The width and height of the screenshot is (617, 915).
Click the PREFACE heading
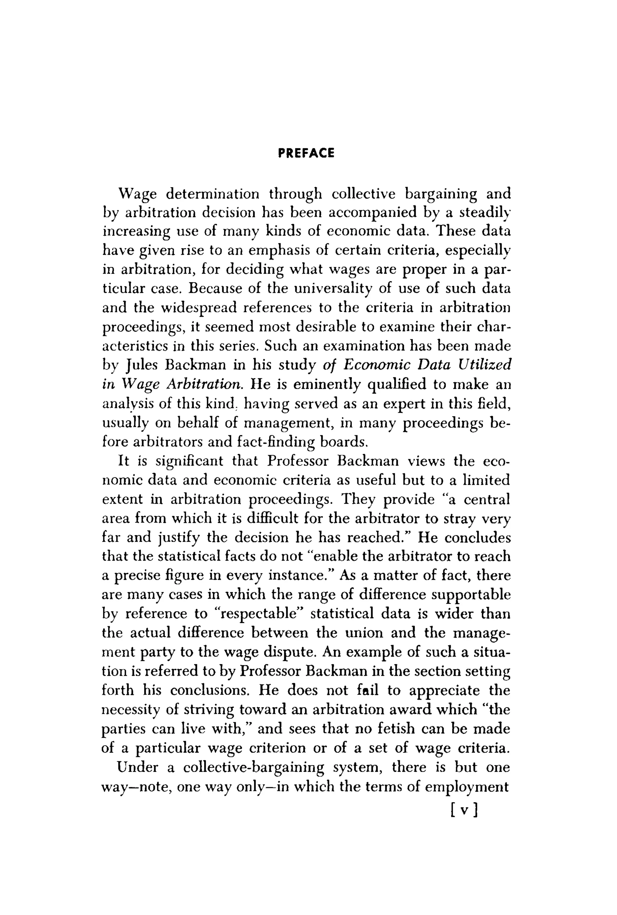(x=306, y=153)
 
